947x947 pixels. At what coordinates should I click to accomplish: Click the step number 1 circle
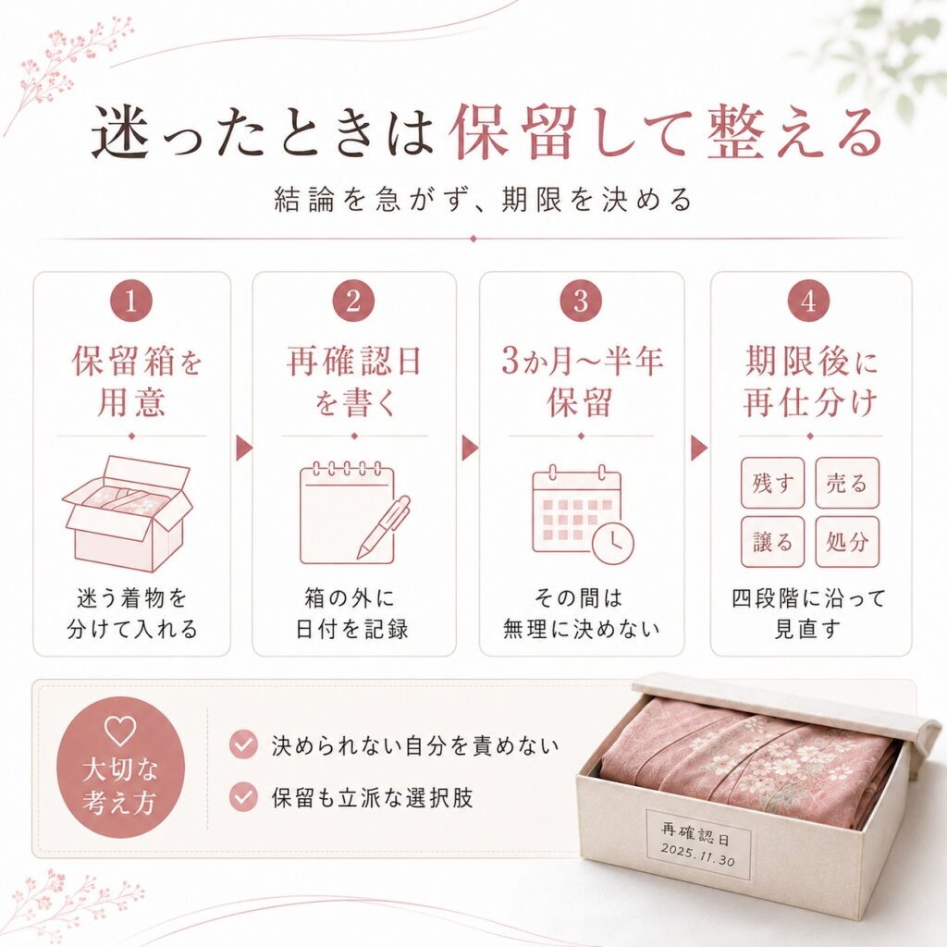tap(131, 301)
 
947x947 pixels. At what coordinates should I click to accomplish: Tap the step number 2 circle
tap(354, 301)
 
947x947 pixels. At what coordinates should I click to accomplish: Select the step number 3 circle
tap(581, 301)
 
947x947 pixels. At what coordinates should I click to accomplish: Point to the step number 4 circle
tap(808, 301)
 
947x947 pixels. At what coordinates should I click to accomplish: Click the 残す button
tap(772, 483)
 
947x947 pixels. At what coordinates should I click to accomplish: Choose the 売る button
tap(847, 483)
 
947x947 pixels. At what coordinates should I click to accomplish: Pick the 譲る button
tap(772, 542)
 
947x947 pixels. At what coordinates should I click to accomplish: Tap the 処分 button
tap(847, 542)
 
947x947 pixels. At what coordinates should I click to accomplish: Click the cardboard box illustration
tap(128, 514)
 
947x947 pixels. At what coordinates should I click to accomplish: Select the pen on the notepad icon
tap(383, 527)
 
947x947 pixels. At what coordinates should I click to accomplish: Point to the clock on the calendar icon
tap(613, 544)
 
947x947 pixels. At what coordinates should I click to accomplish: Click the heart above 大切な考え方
tap(119, 731)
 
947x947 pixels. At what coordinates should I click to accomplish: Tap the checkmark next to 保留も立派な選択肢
tap(243, 797)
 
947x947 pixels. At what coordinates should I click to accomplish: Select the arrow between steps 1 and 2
tap(243, 449)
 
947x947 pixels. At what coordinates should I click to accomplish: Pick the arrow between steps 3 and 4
tap(699, 449)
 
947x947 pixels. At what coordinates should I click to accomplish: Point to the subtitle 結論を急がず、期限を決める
tap(483, 201)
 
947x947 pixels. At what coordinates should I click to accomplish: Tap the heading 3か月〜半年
tap(583, 362)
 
